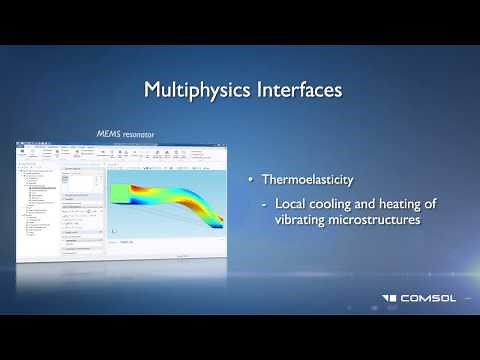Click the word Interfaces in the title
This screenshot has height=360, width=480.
click(x=296, y=90)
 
